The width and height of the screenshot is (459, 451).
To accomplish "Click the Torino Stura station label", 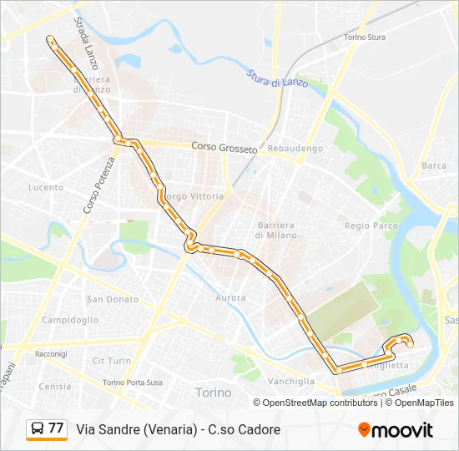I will (365, 38).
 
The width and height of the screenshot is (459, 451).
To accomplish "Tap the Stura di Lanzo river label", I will (277, 79).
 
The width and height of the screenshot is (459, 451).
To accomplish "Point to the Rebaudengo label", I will (295, 149).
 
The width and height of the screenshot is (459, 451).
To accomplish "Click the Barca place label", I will (434, 165).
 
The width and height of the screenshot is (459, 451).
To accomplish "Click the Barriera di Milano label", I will (275, 230).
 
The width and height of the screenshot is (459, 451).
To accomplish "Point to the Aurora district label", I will (230, 297).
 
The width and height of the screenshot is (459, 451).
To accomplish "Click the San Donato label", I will (112, 299).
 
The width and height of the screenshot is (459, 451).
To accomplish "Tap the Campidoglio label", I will (70, 320).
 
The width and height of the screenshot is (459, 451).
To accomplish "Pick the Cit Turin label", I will (111, 361).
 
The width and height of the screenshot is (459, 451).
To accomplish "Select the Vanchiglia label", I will (291, 381).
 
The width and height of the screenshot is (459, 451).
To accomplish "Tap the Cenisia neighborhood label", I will (55, 386).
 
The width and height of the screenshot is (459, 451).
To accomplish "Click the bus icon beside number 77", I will (38, 429).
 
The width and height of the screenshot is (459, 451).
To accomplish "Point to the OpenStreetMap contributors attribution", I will (320, 403).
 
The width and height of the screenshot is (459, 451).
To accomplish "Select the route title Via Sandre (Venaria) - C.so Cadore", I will (179, 429).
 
